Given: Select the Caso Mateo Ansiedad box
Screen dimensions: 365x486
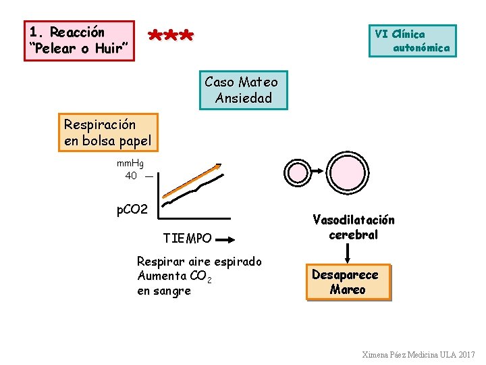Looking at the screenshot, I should coord(241,90).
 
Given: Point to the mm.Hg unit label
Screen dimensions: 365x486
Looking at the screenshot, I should coord(130,163).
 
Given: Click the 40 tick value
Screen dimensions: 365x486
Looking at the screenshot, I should coord(131,176).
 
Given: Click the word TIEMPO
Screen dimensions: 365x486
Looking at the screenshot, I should coord(188,238).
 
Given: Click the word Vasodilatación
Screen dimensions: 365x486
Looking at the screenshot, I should coord(353,220).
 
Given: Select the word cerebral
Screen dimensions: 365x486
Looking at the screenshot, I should coord(353,235).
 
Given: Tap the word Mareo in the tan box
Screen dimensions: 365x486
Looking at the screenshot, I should coord(348,290).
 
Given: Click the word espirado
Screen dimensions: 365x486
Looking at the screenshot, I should coord(239,261).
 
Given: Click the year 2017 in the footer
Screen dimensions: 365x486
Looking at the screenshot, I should coord(466,354).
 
